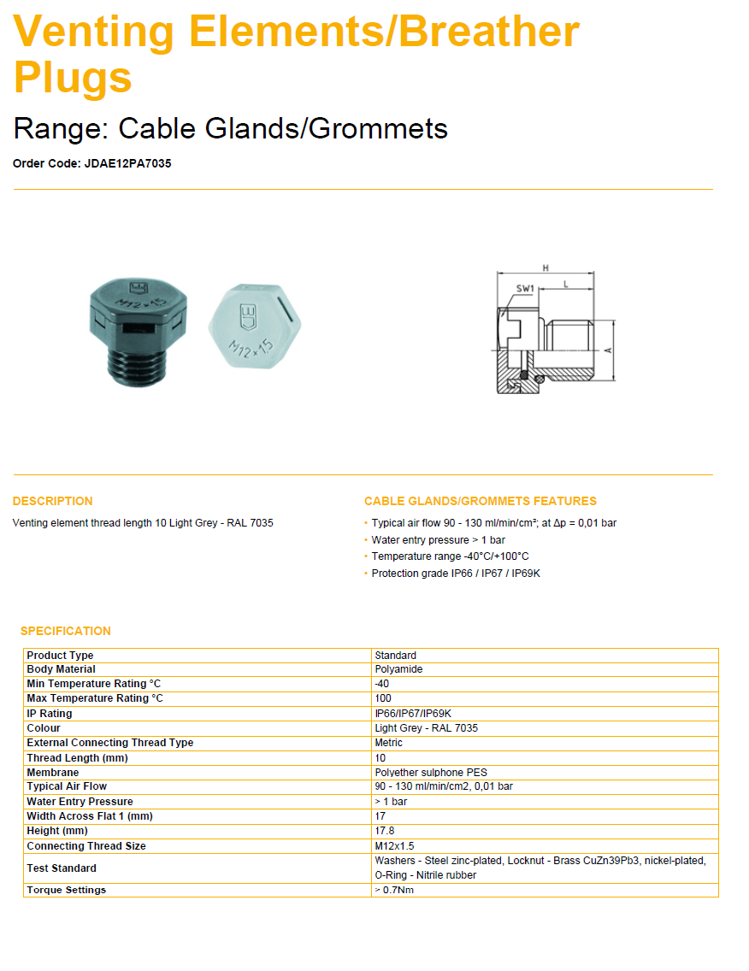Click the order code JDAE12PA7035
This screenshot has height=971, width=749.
pos(127,163)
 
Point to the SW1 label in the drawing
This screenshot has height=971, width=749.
pos(524,289)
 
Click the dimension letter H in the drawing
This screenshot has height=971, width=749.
pos(545,268)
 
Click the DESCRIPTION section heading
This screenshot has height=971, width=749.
pos(53,501)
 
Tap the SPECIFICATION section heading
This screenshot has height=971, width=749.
pos(66,631)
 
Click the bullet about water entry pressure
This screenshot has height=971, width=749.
pos(438,540)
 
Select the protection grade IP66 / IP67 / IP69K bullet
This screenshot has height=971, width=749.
pos(456,574)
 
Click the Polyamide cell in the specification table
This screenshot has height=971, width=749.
pos(398,669)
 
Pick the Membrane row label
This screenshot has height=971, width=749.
pos(53,773)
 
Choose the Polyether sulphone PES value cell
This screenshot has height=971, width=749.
pos(431,773)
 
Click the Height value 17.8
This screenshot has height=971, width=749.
pos(385,831)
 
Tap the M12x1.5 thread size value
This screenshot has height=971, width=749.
pos(394,846)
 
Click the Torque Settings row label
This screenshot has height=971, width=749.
pos(67,890)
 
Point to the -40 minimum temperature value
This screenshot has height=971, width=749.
pos(381,684)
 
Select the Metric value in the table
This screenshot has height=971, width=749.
pos(388,743)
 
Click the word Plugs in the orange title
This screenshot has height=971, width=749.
pos(73,77)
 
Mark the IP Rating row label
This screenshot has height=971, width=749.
pos(50,714)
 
